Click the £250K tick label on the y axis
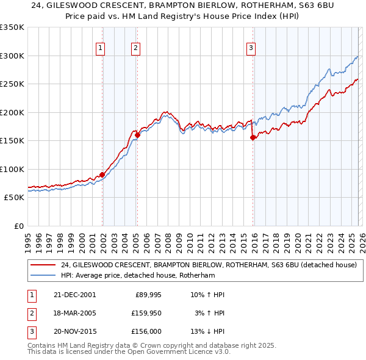[12, 84]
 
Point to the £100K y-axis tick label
[12, 169]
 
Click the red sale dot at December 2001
[102, 175]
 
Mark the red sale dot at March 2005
[137, 135]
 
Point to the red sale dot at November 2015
[253, 138]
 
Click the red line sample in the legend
[43, 265]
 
